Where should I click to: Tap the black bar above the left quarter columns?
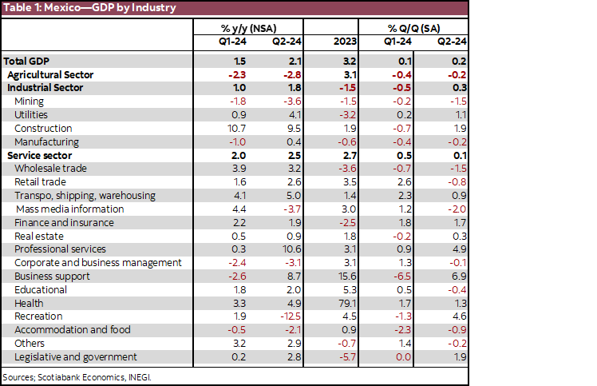point(248,28)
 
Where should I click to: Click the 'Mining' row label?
point(30,101)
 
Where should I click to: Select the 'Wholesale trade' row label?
point(51,169)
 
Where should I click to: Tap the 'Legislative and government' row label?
point(76,357)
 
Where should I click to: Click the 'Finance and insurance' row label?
point(64,223)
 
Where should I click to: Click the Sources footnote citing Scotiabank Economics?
point(77,376)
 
